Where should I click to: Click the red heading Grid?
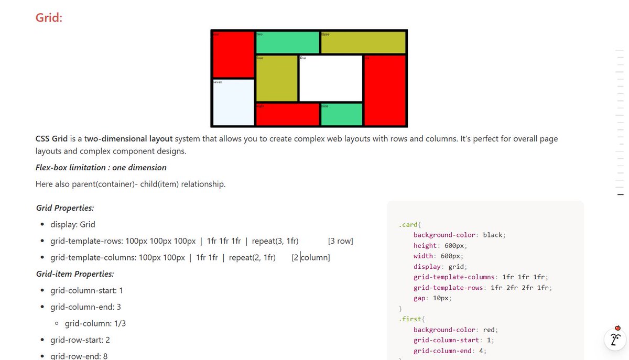click(x=49, y=18)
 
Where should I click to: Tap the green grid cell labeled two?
click(x=287, y=42)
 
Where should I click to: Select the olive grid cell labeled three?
click(x=363, y=42)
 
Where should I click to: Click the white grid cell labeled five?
click(x=330, y=78)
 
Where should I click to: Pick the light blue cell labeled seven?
click(x=233, y=102)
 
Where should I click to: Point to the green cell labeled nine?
click(x=341, y=114)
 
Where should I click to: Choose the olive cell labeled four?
click(x=277, y=78)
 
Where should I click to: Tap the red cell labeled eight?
click(x=287, y=114)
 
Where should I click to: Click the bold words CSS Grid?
click(x=51, y=139)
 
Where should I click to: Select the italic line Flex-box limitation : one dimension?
click(x=101, y=168)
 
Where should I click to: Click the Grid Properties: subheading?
click(x=65, y=208)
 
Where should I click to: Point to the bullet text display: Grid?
click(x=73, y=224)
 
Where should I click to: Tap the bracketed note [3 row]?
click(x=340, y=241)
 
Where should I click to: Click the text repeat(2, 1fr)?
click(x=252, y=257)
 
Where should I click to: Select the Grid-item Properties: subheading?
click(x=75, y=274)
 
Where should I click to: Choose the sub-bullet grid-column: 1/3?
click(x=95, y=323)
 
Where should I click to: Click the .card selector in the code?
click(x=408, y=225)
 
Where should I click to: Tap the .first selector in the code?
click(x=409, y=319)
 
